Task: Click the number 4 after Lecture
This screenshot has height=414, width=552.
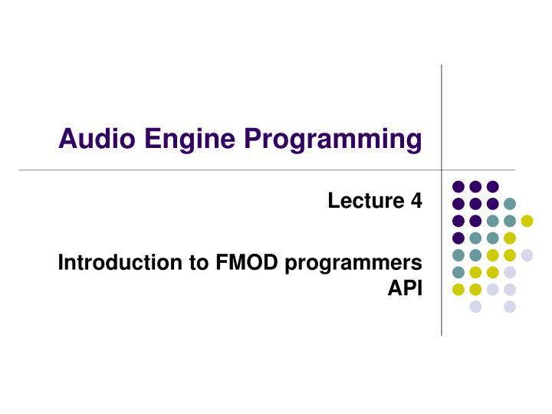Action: [x=416, y=201]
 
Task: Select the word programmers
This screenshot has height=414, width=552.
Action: [x=353, y=264]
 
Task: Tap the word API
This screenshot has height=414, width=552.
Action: [x=406, y=289]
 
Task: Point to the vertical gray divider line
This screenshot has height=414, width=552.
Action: [x=442, y=115]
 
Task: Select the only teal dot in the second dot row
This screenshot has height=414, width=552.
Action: [x=510, y=203]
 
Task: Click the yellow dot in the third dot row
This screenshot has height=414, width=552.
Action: [x=527, y=221]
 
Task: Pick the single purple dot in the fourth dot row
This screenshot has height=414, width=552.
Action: [x=458, y=238]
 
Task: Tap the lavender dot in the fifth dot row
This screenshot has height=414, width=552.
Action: [x=527, y=255]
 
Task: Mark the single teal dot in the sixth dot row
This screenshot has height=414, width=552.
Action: [x=458, y=272]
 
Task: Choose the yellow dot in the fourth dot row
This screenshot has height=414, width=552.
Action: [x=510, y=238]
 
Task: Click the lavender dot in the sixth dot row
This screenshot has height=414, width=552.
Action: [x=510, y=272]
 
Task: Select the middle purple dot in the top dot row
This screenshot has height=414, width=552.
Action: [x=475, y=186]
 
